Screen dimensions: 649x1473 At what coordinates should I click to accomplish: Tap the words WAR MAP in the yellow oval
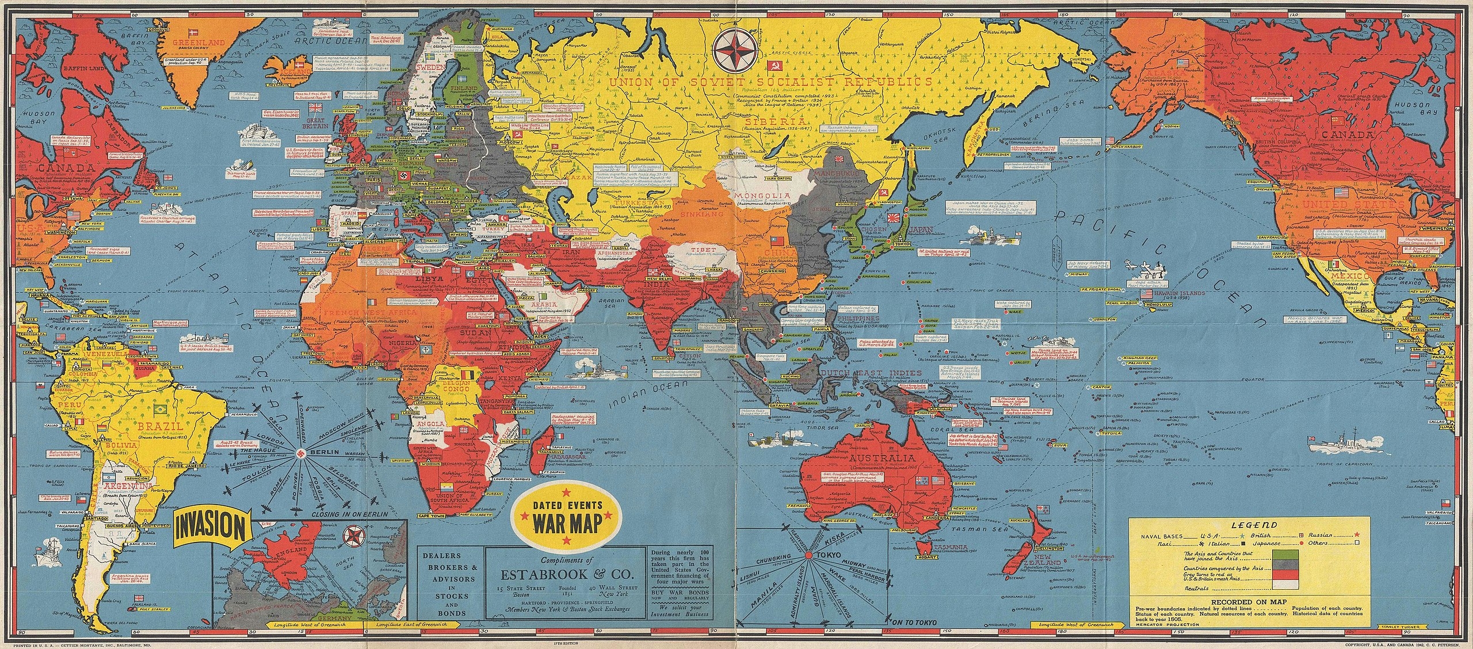(x=568, y=526)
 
